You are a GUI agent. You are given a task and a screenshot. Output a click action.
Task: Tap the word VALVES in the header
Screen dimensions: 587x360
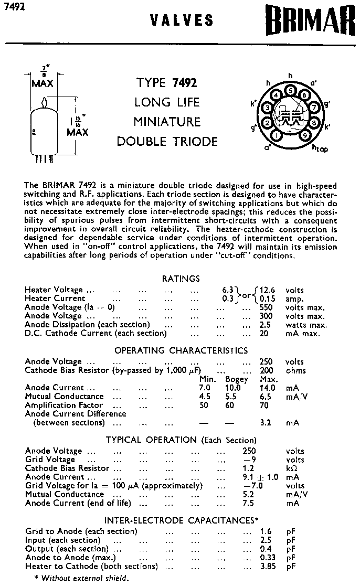182,20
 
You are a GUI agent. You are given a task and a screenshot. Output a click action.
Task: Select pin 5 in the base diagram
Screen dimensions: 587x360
290,90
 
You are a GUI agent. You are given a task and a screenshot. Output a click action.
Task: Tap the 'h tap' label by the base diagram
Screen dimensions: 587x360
320,149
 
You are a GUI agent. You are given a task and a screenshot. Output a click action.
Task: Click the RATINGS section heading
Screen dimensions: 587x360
181,279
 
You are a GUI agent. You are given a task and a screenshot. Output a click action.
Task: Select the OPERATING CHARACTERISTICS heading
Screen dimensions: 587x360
181,350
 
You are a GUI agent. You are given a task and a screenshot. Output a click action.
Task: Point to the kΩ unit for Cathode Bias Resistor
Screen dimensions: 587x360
292,468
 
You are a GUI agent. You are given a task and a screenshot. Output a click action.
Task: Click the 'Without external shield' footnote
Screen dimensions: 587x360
81,578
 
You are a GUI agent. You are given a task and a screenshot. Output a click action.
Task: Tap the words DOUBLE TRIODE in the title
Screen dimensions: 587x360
167,141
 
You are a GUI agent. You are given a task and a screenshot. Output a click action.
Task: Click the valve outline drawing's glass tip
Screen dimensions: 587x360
46,101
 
